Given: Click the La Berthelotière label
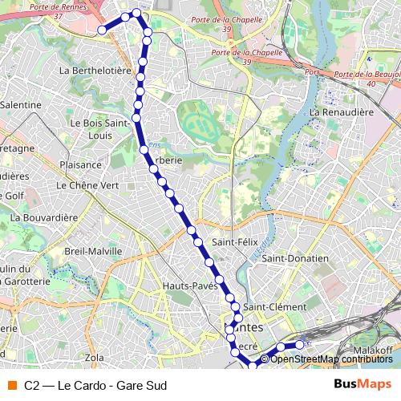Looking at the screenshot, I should tap(95, 71).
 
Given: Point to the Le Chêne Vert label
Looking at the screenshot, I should tap(87, 184).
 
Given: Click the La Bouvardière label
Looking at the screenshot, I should tap(44, 217).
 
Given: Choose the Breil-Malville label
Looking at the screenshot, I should tap(93, 251).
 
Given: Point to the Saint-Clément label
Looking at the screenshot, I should tap(274, 307).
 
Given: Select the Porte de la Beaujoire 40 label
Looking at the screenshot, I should tap(367, 78).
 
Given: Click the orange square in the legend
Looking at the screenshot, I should tap(11, 385).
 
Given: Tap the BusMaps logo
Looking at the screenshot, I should tap(363, 384).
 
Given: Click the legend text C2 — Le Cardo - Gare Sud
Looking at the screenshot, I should tap(89, 385).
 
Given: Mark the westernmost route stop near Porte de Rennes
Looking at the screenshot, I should tap(102, 30).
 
